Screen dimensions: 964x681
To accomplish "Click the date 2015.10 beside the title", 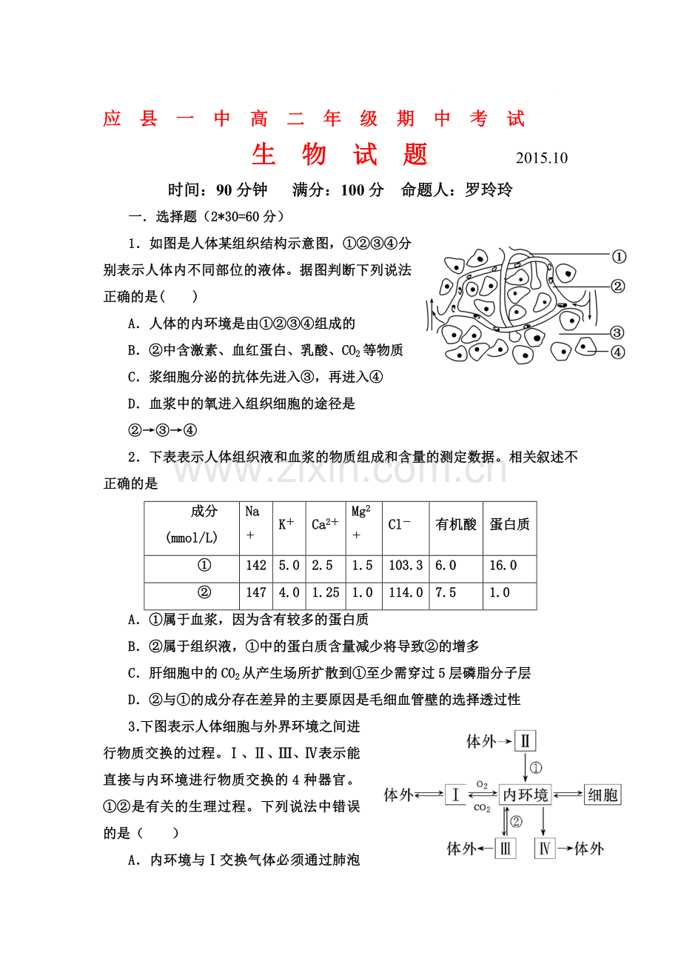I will click(x=541, y=158).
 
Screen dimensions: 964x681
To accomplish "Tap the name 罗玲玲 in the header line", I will click(x=489, y=190).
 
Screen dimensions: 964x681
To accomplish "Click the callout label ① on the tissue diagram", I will click(x=619, y=257).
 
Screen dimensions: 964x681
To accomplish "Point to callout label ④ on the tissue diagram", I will click(x=618, y=352).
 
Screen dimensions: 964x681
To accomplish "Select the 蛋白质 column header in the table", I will click(x=509, y=525).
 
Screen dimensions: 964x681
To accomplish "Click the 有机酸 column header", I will click(x=456, y=525).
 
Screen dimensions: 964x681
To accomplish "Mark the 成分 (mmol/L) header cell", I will click(x=192, y=525).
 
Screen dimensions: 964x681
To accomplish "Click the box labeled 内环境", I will click(x=526, y=795).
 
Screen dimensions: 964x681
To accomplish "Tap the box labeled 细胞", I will click(x=603, y=795).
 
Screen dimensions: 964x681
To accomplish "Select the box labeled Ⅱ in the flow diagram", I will click(x=525, y=741).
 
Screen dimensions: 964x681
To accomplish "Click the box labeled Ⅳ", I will click(x=544, y=848).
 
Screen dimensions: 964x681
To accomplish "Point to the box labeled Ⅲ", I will click(x=506, y=848).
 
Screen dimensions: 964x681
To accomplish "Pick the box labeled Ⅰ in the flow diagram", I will click(x=455, y=795).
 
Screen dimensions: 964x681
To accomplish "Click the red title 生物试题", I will click(x=340, y=154).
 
